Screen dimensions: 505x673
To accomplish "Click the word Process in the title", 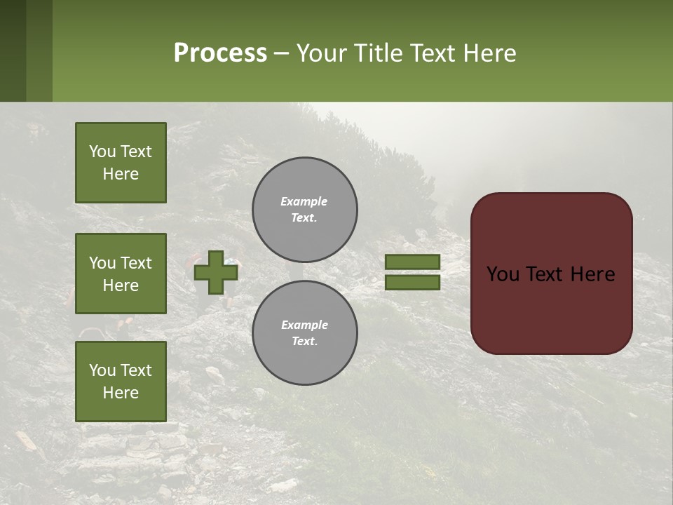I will [220, 53].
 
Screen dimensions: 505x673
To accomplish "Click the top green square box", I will [121, 163].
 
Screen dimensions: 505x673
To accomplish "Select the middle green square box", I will [121, 274].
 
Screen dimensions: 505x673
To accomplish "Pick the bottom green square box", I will [121, 382].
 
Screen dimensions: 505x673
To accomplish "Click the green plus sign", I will [216, 272].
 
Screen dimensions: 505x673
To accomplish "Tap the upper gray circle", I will [305, 209].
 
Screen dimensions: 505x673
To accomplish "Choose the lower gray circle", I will [305, 332].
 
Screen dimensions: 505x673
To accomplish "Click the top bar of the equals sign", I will [412, 262].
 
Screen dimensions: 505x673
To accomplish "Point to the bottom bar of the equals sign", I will [412, 283].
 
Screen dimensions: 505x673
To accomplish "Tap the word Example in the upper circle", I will [304, 201].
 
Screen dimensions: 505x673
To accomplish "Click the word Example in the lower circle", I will [304, 325].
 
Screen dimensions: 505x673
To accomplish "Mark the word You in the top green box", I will [103, 151].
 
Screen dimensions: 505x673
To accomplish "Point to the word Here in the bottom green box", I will [121, 393].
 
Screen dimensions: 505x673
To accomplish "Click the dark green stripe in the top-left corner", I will [13, 50].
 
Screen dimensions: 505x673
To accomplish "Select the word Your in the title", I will [322, 53].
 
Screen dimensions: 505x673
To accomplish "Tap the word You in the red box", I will [502, 274].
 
